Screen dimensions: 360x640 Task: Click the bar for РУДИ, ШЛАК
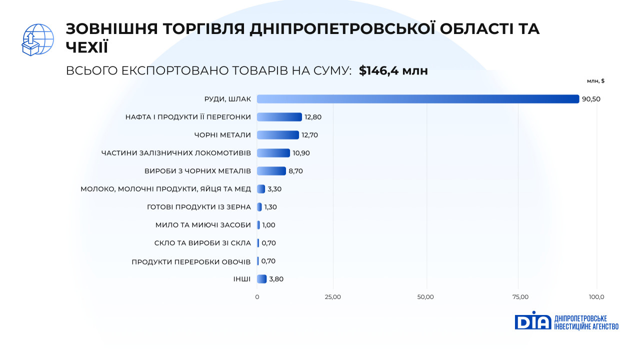tap(418, 99)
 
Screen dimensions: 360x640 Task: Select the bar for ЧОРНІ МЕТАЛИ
tap(278, 135)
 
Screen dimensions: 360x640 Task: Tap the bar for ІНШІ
tap(261, 279)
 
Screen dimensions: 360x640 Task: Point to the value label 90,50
tap(591, 99)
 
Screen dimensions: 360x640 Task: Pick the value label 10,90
tap(301, 153)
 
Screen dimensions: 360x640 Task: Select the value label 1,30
tap(270, 207)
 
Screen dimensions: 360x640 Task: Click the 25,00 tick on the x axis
tap(332, 297)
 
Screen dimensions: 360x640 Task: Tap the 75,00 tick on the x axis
tap(520, 297)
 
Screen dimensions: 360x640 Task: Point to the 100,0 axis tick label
tap(596, 297)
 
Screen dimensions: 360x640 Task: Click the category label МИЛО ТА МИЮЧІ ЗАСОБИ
tap(203, 225)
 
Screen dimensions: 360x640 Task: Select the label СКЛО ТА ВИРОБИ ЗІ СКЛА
tap(202, 243)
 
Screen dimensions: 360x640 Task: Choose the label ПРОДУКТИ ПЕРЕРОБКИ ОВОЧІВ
tap(191, 261)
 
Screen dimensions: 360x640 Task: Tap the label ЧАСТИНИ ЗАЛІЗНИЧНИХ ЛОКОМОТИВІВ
tap(176, 153)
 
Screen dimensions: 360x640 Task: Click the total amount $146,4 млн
tap(393, 71)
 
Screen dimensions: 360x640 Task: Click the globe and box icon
tap(38, 39)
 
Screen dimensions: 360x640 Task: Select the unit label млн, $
tap(596, 81)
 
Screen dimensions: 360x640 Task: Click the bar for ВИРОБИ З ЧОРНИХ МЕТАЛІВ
tap(271, 171)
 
